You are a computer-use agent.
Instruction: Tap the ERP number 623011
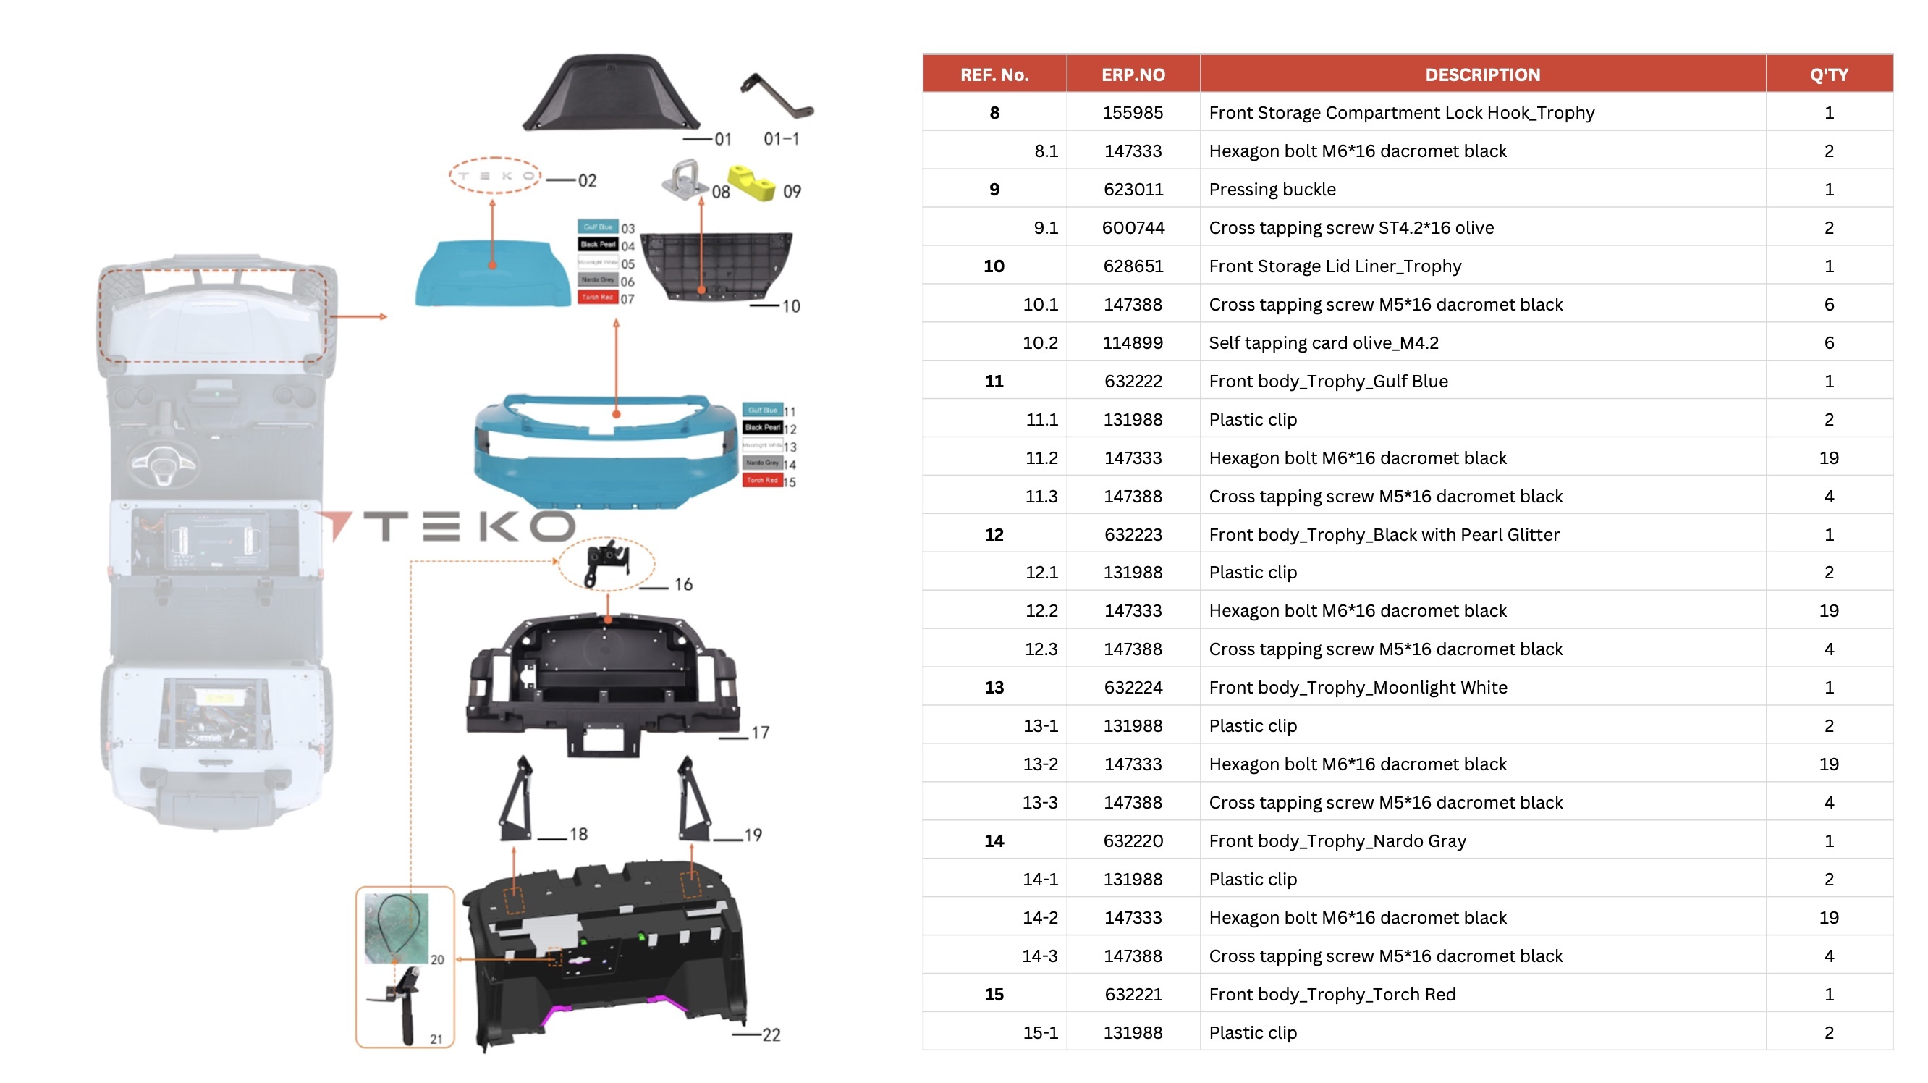[x=1133, y=190]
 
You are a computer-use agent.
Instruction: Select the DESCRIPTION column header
[x=1482, y=75]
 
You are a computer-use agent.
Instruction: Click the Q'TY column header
[x=1828, y=75]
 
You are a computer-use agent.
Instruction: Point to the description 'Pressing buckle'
[x=1272, y=190]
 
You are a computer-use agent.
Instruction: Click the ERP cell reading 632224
[x=1133, y=687]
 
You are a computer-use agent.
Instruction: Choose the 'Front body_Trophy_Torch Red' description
[x=1332, y=994]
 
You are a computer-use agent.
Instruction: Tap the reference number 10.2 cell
[x=1039, y=343]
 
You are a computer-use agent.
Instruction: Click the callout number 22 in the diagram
[x=771, y=1034]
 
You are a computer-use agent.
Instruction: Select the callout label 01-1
[x=781, y=139]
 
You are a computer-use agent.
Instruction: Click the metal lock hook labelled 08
[x=682, y=180]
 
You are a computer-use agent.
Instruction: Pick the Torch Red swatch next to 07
[x=597, y=297]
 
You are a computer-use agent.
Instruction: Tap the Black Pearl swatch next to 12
[x=762, y=427]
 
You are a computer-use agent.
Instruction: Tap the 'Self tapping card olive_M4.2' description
[x=1323, y=343]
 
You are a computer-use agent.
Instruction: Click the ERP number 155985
[x=1133, y=113]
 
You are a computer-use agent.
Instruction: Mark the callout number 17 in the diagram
[x=760, y=732]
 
